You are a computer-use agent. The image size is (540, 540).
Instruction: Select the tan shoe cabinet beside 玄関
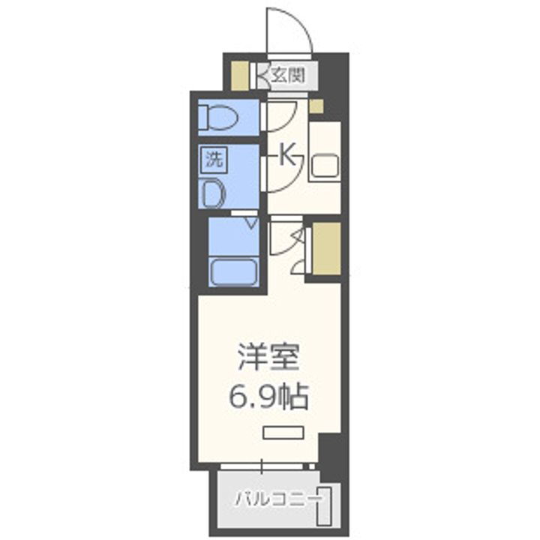(238, 75)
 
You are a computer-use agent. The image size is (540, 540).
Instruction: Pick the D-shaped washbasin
(214, 193)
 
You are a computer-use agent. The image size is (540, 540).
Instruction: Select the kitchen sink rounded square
(325, 166)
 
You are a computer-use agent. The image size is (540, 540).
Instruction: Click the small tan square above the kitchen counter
(316, 106)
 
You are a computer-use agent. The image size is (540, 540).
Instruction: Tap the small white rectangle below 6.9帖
(283, 432)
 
